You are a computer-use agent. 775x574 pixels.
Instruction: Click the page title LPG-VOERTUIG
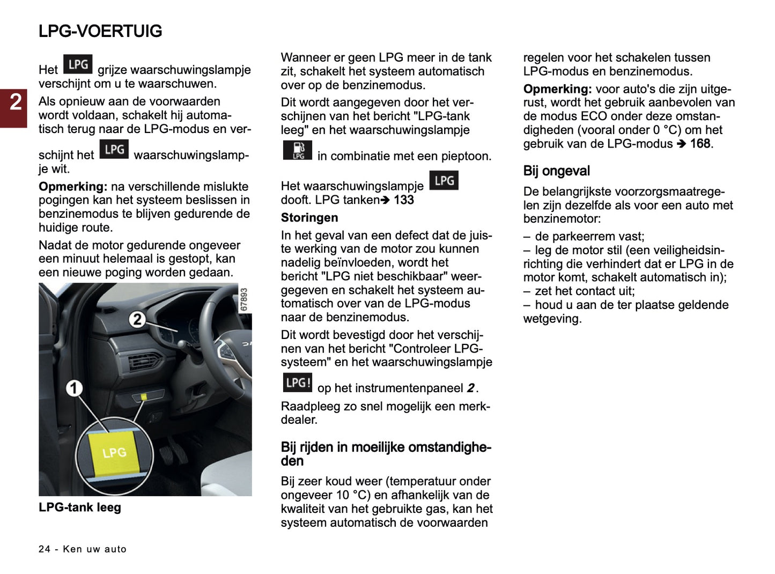(x=100, y=31)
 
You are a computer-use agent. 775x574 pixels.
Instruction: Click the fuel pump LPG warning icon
(x=297, y=151)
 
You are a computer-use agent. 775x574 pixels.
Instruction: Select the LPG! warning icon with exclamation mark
(x=297, y=382)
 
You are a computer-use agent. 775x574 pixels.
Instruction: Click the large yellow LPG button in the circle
(x=114, y=452)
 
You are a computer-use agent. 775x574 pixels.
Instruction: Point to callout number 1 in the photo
(x=75, y=388)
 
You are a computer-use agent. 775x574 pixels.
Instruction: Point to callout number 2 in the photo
(x=137, y=319)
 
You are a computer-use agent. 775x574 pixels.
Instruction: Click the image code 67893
(x=244, y=299)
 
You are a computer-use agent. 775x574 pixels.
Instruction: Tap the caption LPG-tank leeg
(x=80, y=507)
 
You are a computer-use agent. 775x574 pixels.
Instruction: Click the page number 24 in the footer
(x=45, y=549)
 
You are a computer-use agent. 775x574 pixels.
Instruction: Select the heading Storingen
(x=309, y=218)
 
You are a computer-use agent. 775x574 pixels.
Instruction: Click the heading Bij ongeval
(x=556, y=171)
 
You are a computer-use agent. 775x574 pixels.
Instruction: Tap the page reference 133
(x=403, y=200)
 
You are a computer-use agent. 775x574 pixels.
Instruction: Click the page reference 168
(x=700, y=144)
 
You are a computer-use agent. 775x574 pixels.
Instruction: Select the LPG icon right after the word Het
(x=78, y=64)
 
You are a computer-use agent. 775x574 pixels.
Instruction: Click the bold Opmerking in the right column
(x=557, y=89)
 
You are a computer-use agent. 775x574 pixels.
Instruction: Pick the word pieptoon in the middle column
(x=466, y=156)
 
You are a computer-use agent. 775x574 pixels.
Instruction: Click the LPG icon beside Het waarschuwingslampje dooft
(x=444, y=181)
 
